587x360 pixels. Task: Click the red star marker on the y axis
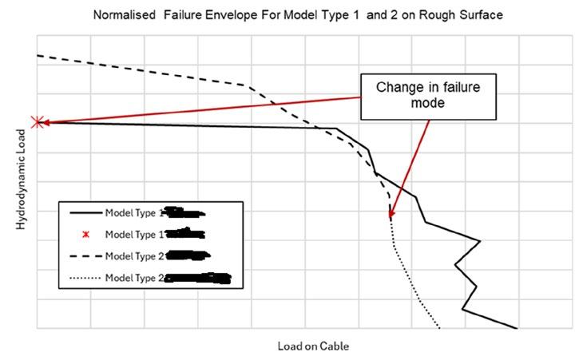(x=37, y=122)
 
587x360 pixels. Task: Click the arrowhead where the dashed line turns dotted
(x=391, y=216)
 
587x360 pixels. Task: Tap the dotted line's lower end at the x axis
(x=439, y=327)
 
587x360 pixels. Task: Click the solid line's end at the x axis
(x=517, y=327)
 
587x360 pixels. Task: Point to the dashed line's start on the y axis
(x=38, y=55)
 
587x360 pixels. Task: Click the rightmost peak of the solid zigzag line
(x=479, y=240)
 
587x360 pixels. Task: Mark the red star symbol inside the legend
(x=85, y=235)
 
